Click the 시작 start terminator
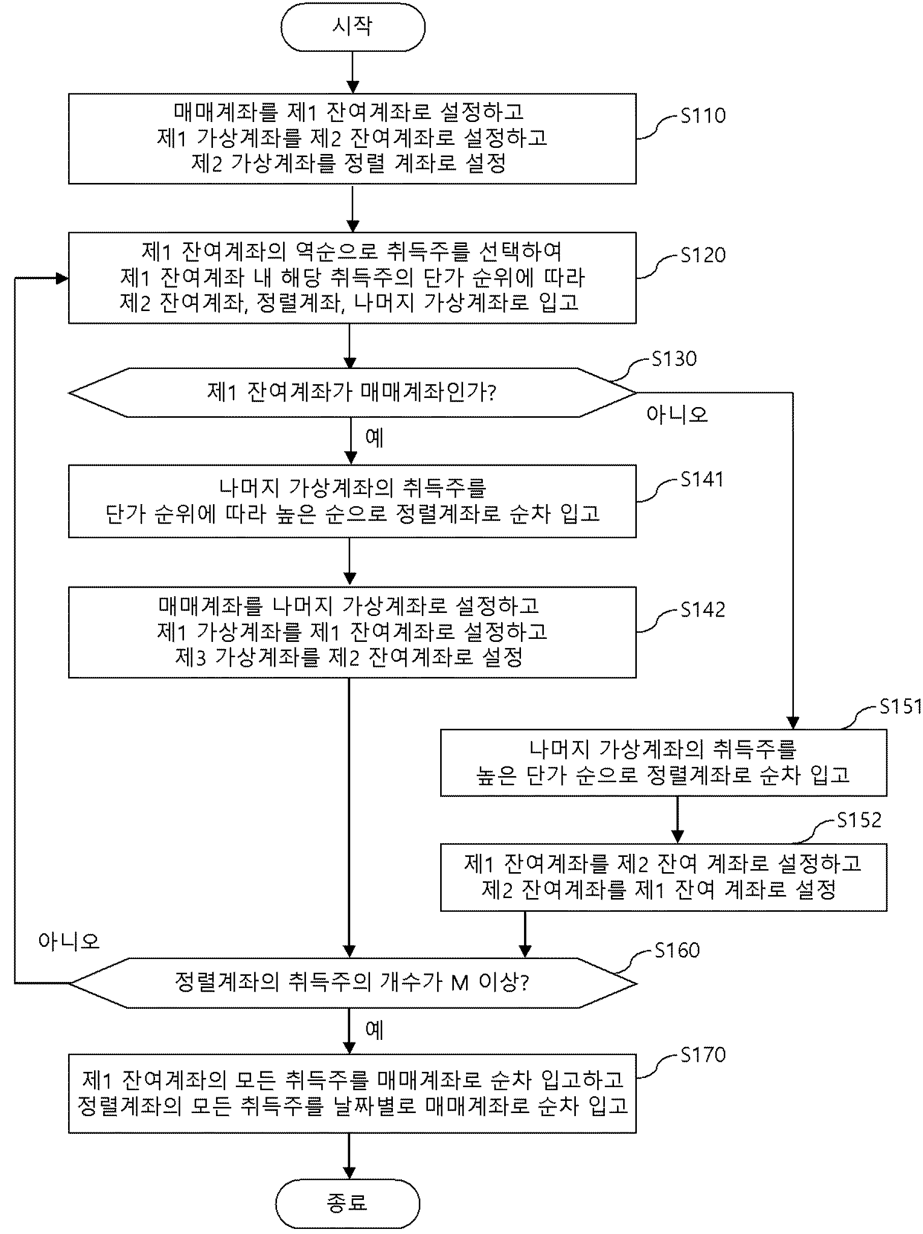[353, 27]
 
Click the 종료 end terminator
[347, 1203]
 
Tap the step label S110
[703, 115]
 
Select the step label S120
[703, 255]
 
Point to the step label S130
[674, 358]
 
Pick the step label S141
[702, 479]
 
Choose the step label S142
[703, 609]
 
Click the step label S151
[901, 706]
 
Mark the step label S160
[677, 949]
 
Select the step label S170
[703, 1055]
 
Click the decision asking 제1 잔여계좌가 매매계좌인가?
[352, 393]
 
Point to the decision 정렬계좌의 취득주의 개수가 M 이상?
[352, 983]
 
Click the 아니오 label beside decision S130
[677, 415]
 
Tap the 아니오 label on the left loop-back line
[69, 941]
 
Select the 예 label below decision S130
[375, 438]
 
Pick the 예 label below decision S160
[375, 1030]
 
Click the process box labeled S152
[663, 878]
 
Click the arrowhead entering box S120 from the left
[63, 278]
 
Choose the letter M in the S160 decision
[459, 983]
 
